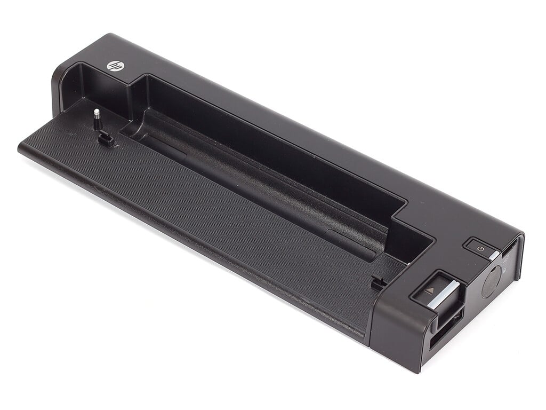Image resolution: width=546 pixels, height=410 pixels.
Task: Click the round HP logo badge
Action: [113, 66]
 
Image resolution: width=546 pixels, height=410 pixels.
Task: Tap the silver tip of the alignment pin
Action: [97, 112]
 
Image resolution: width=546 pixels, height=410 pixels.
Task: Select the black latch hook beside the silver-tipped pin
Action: [107, 139]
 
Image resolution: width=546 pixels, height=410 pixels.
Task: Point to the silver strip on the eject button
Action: [441, 294]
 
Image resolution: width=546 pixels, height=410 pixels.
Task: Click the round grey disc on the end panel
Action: [491, 283]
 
